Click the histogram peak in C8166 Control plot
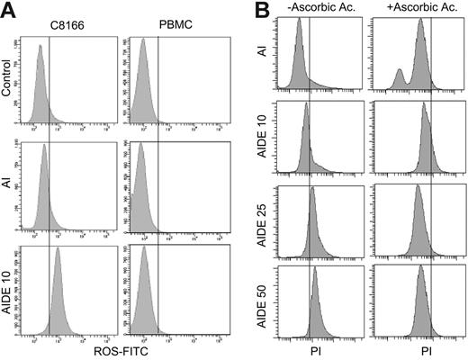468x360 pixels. click(39, 52)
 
